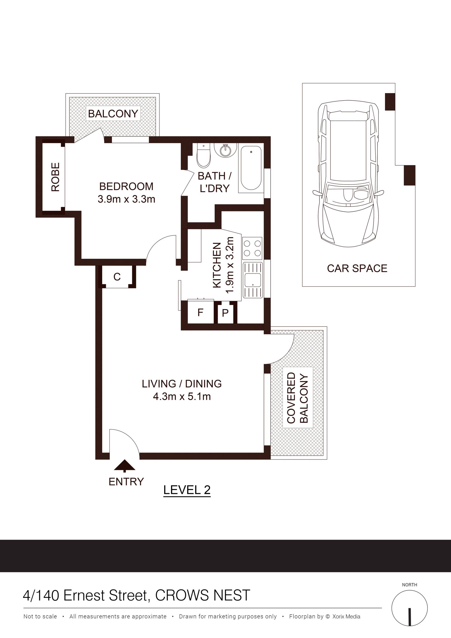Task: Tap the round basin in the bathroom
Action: [225, 151]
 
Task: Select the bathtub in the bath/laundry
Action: [251, 168]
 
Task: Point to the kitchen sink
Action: [253, 280]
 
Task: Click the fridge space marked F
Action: [201, 312]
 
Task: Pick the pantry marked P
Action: [225, 313]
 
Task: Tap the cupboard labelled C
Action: [117, 277]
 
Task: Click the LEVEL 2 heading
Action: [187, 490]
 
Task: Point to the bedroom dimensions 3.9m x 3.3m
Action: [126, 199]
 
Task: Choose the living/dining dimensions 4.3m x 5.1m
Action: [182, 397]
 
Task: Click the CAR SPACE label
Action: [357, 268]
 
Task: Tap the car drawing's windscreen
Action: [348, 195]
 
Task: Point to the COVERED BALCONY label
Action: [298, 398]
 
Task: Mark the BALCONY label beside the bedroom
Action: [113, 114]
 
